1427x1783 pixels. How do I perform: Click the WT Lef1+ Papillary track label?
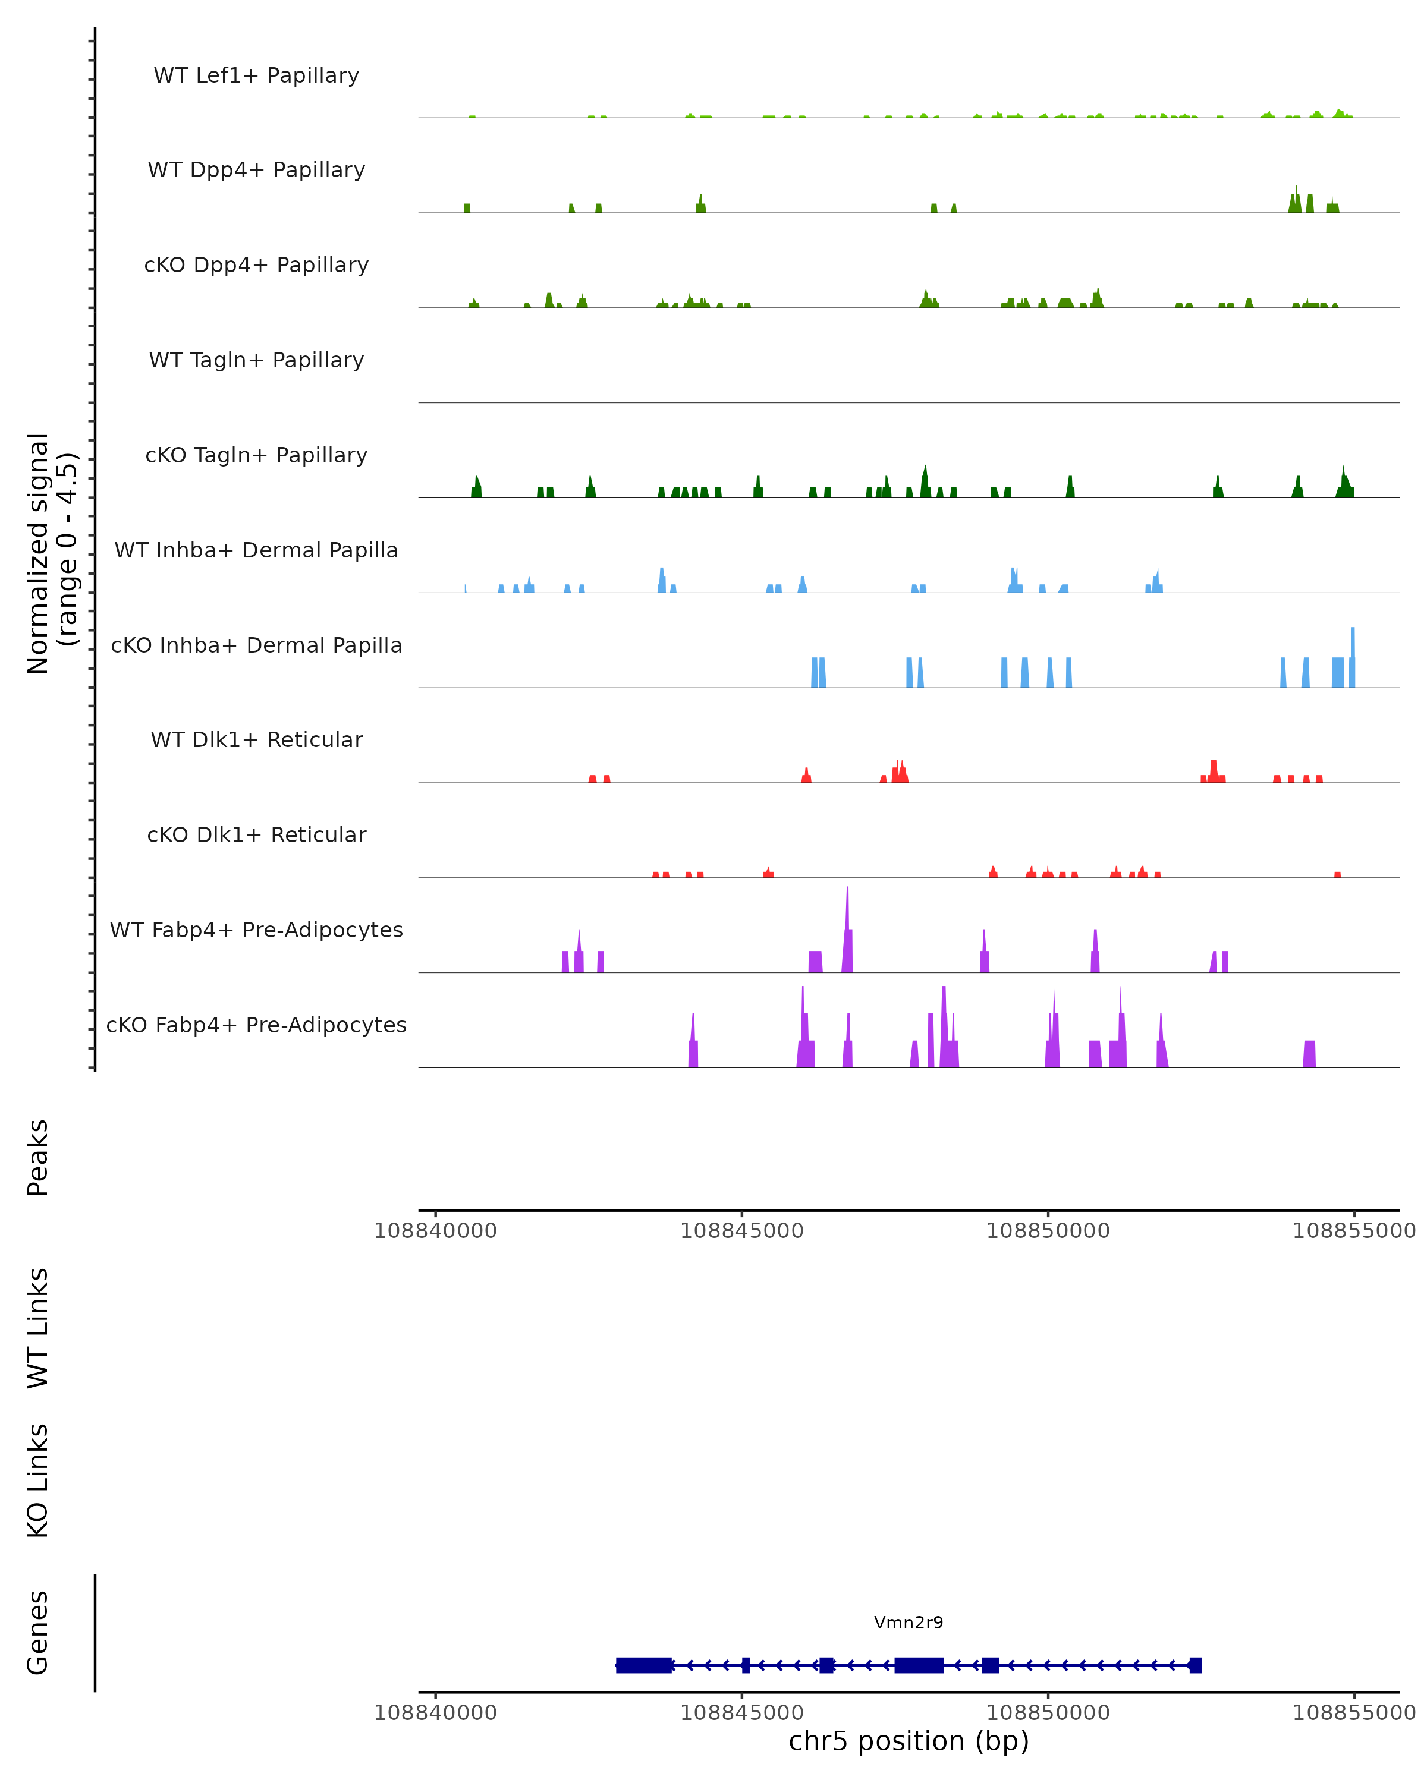pyautogui.click(x=256, y=75)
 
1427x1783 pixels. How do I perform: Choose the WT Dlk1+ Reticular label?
pyautogui.click(x=256, y=739)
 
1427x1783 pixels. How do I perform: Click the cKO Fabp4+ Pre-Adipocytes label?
pyautogui.click(x=256, y=1025)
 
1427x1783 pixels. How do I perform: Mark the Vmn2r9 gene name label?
pyautogui.click(x=909, y=1623)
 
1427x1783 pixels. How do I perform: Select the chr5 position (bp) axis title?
pyautogui.click(x=909, y=1741)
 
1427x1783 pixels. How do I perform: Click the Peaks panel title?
pyautogui.click(x=38, y=1157)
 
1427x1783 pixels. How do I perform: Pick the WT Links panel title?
pyautogui.click(x=38, y=1327)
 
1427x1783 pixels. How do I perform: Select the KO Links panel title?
pyautogui.click(x=38, y=1480)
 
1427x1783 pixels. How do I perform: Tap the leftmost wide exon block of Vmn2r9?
pyautogui.click(x=643, y=1665)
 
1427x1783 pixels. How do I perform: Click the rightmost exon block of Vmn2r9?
pyautogui.click(x=1195, y=1665)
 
